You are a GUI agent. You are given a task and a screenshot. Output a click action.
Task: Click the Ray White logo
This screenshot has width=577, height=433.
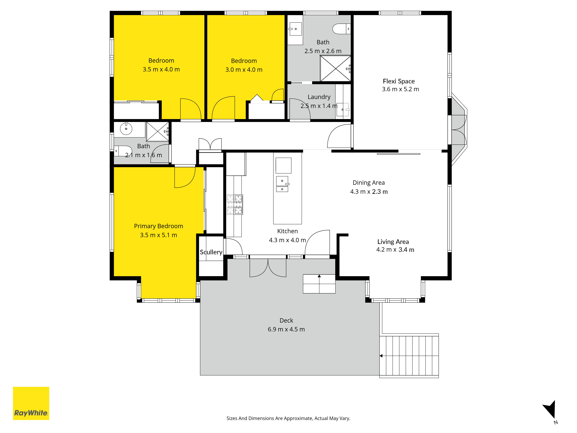pos(31,403)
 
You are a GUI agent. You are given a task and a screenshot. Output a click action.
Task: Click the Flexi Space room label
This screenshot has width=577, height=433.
pos(399,81)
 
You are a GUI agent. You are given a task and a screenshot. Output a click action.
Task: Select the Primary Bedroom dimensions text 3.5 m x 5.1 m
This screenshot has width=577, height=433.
pos(159,235)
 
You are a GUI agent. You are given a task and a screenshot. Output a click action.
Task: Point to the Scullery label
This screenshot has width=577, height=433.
pos(211,252)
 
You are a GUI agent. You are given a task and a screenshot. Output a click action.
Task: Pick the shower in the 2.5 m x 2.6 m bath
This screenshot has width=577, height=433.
pos(335,68)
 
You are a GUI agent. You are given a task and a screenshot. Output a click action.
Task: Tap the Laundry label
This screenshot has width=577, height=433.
pos(319,97)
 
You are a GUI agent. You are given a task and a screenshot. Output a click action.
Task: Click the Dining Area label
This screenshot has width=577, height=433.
pos(369,183)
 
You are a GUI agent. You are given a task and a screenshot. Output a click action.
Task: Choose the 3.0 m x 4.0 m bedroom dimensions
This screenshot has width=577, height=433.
pos(244,70)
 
